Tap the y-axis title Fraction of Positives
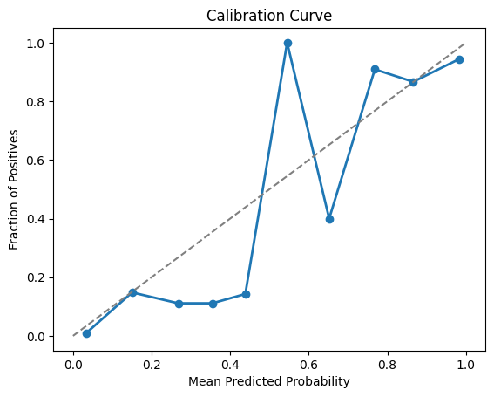point(14,189)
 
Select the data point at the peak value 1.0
point(288,43)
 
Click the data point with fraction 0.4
point(329,219)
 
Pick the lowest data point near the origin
point(86,333)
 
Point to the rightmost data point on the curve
point(459,59)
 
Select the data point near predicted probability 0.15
point(132,292)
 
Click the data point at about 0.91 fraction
point(375,69)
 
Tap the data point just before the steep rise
point(246,294)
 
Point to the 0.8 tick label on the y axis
point(37,102)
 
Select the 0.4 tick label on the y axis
point(37,219)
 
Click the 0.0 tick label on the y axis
point(37,337)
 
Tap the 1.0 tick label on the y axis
point(37,43)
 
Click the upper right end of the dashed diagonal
point(465,44)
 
